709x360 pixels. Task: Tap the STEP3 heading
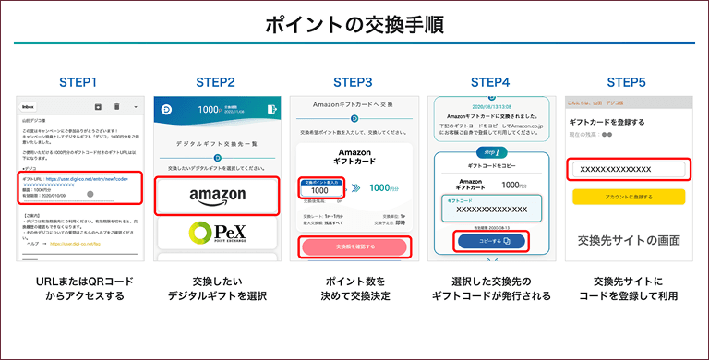[353, 82]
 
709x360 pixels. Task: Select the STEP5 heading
[626, 82]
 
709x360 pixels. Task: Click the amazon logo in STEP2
[218, 195]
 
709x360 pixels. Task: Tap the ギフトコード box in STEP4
[489, 210]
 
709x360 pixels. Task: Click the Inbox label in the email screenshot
[29, 106]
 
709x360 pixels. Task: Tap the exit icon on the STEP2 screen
[270, 109]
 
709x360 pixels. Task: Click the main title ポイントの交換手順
[354, 25]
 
